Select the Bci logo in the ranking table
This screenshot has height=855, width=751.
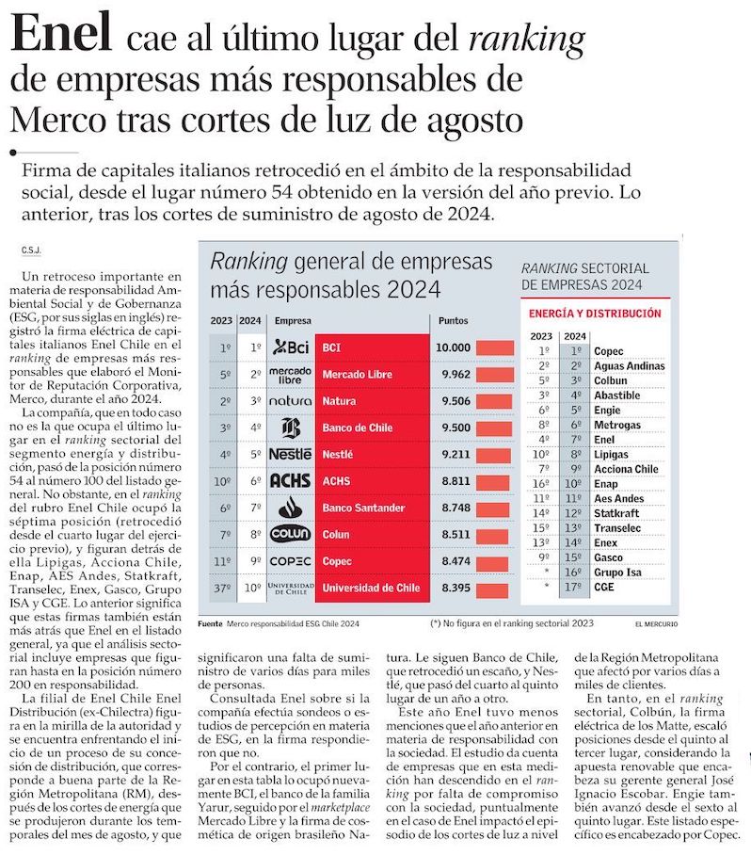pyautogui.click(x=290, y=347)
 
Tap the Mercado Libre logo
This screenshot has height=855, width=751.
pyautogui.click(x=290, y=374)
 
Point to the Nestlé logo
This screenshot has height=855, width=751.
pyautogui.click(x=290, y=454)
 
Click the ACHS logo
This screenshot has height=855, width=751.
pyautogui.click(x=290, y=480)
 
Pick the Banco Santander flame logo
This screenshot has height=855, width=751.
pyautogui.click(x=290, y=507)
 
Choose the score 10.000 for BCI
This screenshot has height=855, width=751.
pyautogui.click(x=453, y=347)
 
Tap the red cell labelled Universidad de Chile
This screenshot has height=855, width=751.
pyautogui.click(x=371, y=588)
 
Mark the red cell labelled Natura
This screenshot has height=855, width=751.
pyautogui.click(x=371, y=400)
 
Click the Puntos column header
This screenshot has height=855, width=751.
pyautogui.click(x=454, y=321)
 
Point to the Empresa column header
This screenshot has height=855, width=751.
pyautogui.click(x=293, y=321)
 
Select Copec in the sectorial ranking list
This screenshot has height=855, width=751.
pyautogui.click(x=609, y=350)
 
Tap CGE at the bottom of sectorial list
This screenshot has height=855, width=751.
pyautogui.click(x=605, y=586)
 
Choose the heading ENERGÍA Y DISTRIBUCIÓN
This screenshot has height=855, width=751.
pyautogui.click(x=595, y=314)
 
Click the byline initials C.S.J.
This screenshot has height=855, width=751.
pyautogui.click(x=31, y=250)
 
